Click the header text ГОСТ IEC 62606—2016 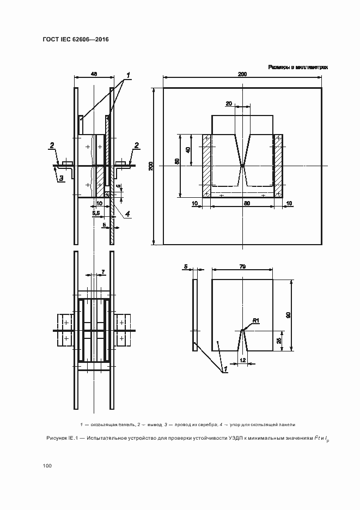click(x=75, y=40)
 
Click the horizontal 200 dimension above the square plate click(x=242, y=74)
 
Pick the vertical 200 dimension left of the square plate click(x=151, y=166)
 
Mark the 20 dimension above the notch click(x=228, y=104)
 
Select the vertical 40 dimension click(x=188, y=150)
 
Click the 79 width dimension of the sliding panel click(x=242, y=266)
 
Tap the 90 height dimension click(x=288, y=315)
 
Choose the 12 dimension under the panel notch click(x=243, y=361)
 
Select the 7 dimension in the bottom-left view click(x=102, y=271)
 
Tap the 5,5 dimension click(x=96, y=214)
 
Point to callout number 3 click(x=62, y=178)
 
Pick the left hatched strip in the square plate click(x=206, y=166)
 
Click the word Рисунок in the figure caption click(x=57, y=438)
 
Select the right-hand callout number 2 click(x=137, y=144)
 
